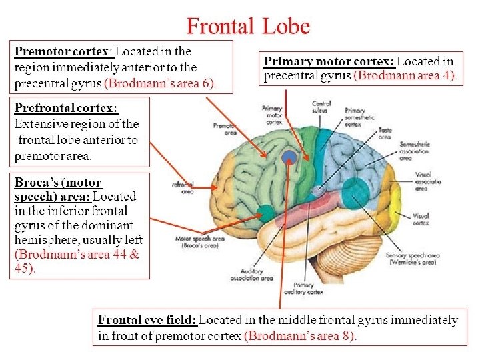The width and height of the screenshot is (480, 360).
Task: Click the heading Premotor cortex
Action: point(63,51)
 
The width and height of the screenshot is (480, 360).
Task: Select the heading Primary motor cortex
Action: point(329,61)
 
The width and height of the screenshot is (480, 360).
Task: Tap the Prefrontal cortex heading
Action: point(66,108)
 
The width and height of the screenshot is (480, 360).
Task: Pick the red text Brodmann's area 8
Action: point(301,336)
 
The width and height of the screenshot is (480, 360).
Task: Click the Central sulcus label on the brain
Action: point(321,107)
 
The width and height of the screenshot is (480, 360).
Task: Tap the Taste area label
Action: point(384,134)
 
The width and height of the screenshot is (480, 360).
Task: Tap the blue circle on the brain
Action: point(289,157)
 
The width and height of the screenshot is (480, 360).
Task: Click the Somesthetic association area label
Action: point(414,151)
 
